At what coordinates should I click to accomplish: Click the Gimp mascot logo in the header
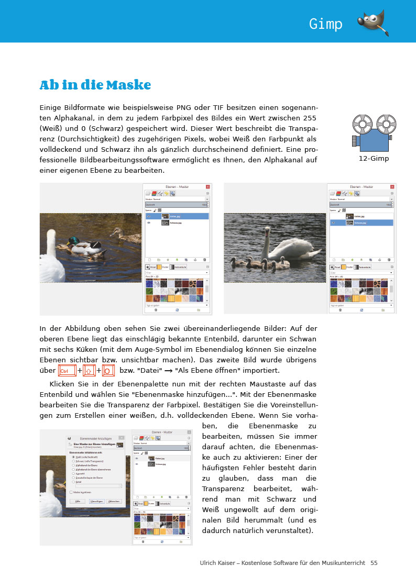click(x=373, y=23)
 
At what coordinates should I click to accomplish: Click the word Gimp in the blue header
click(x=325, y=24)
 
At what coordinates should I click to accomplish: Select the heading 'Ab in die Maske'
click(x=95, y=85)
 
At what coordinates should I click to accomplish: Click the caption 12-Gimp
click(x=374, y=158)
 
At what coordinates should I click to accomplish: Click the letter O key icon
click(x=108, y=371)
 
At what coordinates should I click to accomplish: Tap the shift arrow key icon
click(x=89, y=371)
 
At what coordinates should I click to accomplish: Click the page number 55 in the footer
click(x=374, y=563)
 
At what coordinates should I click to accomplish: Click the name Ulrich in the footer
click(x=210, y=563)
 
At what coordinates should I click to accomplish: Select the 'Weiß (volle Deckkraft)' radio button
click(x=73, y=457)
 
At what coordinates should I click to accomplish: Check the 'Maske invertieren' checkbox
click(x=71, y=492)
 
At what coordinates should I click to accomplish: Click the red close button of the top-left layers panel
click(x=207, y=186)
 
